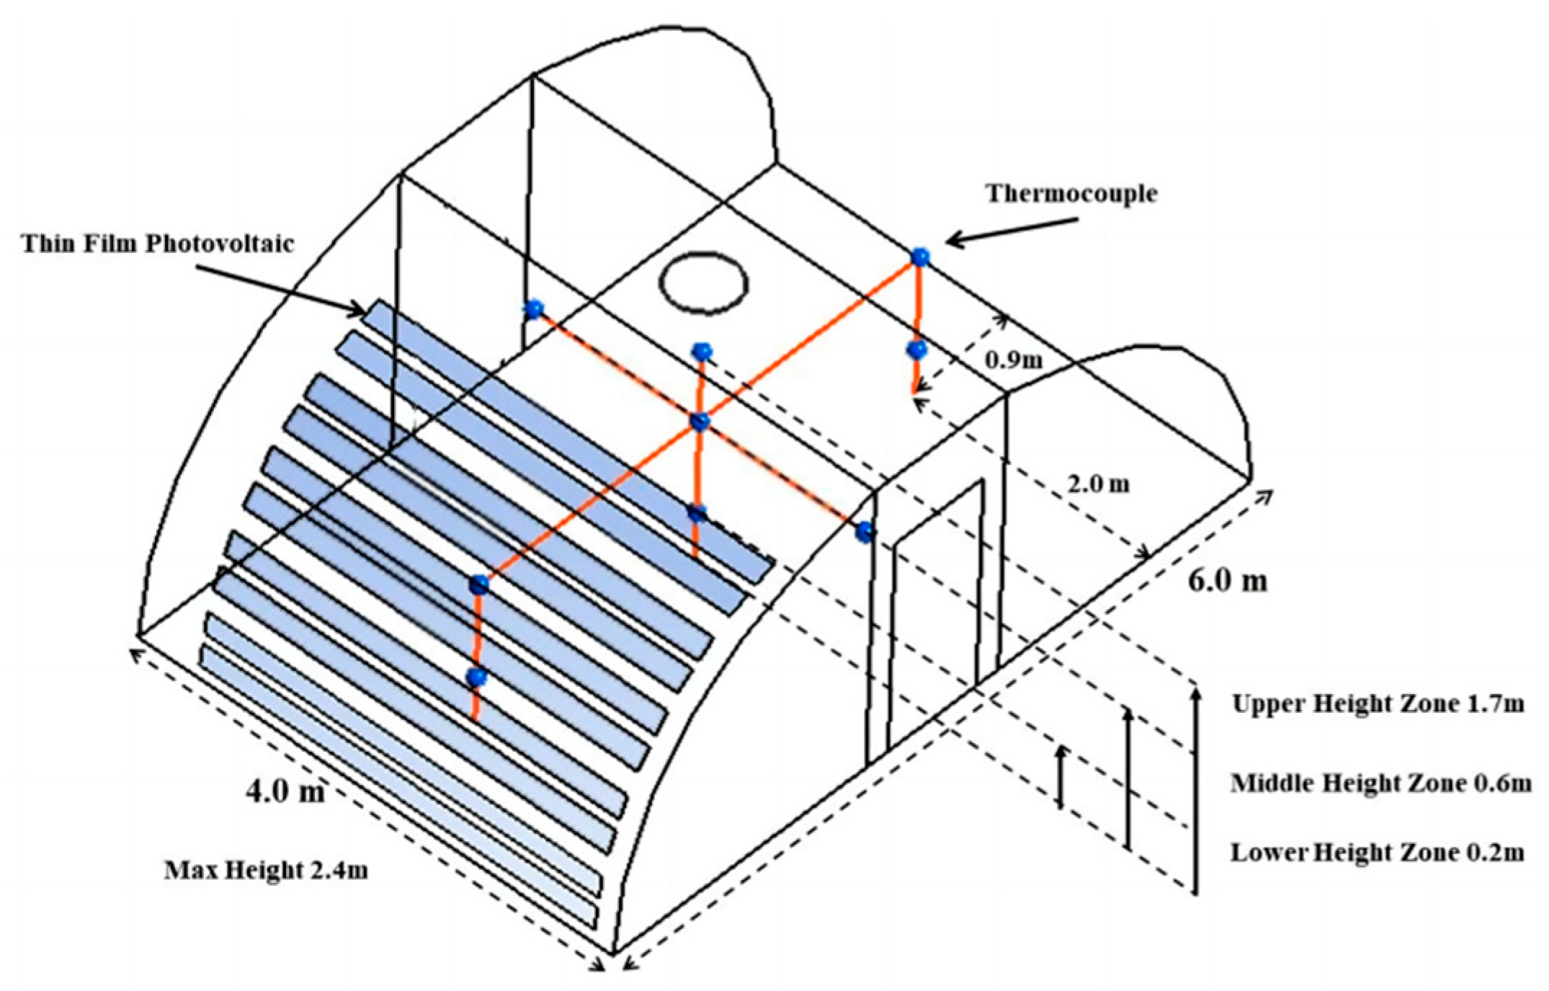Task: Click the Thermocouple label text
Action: tap(1071, 193)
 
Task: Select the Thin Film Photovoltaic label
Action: tap(158, 244)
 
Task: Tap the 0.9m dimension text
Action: tap(1013, 360)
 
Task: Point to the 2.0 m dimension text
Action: tap(1098, 484)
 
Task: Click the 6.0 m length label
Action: tap(1227, 579)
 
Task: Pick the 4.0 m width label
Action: tap(285, 791)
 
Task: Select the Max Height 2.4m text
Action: tap(266, 870)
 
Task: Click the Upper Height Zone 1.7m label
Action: tap(1378, 703)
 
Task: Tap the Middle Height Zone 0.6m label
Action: tap(1380, 783)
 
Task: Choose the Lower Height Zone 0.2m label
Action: tap(1377, 853)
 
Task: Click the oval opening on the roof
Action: tap(705, 282)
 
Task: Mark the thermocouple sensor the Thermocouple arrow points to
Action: tap(919, 257)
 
